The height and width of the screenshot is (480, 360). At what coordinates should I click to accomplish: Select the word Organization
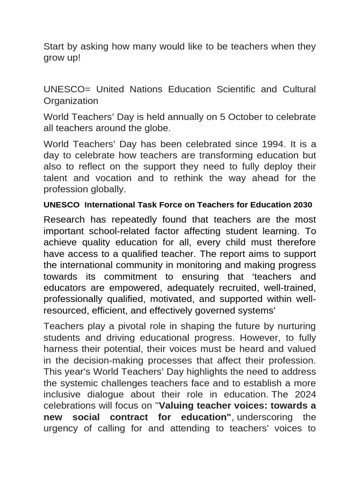tap(71, 101)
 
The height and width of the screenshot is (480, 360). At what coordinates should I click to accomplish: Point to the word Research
tap(65, 220)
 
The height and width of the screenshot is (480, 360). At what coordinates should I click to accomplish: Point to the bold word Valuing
tap(178, 406)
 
